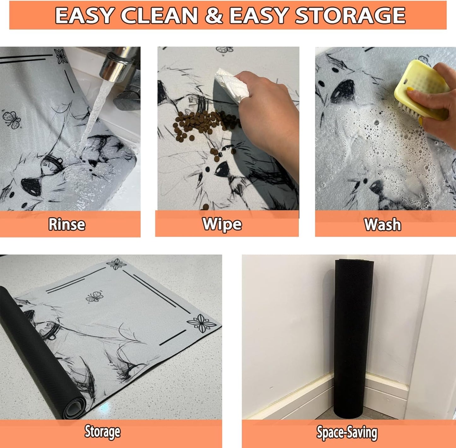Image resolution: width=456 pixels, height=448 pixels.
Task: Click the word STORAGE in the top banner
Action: click(351, 16)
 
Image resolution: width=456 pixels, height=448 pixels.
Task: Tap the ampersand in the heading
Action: click(214, 16)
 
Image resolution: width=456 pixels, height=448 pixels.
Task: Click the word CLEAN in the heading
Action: click(159, 16)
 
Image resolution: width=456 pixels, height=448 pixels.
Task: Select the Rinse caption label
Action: click(67, 224)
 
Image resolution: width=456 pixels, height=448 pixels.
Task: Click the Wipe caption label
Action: click(222, 224)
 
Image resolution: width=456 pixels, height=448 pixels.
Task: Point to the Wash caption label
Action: click(383, 224)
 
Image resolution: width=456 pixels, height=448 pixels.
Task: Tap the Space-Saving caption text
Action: click(347, 433)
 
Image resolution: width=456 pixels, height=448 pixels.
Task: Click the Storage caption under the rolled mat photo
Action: click(103, 432)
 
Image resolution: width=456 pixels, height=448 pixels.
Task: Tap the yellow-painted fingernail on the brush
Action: click(410, 89)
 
